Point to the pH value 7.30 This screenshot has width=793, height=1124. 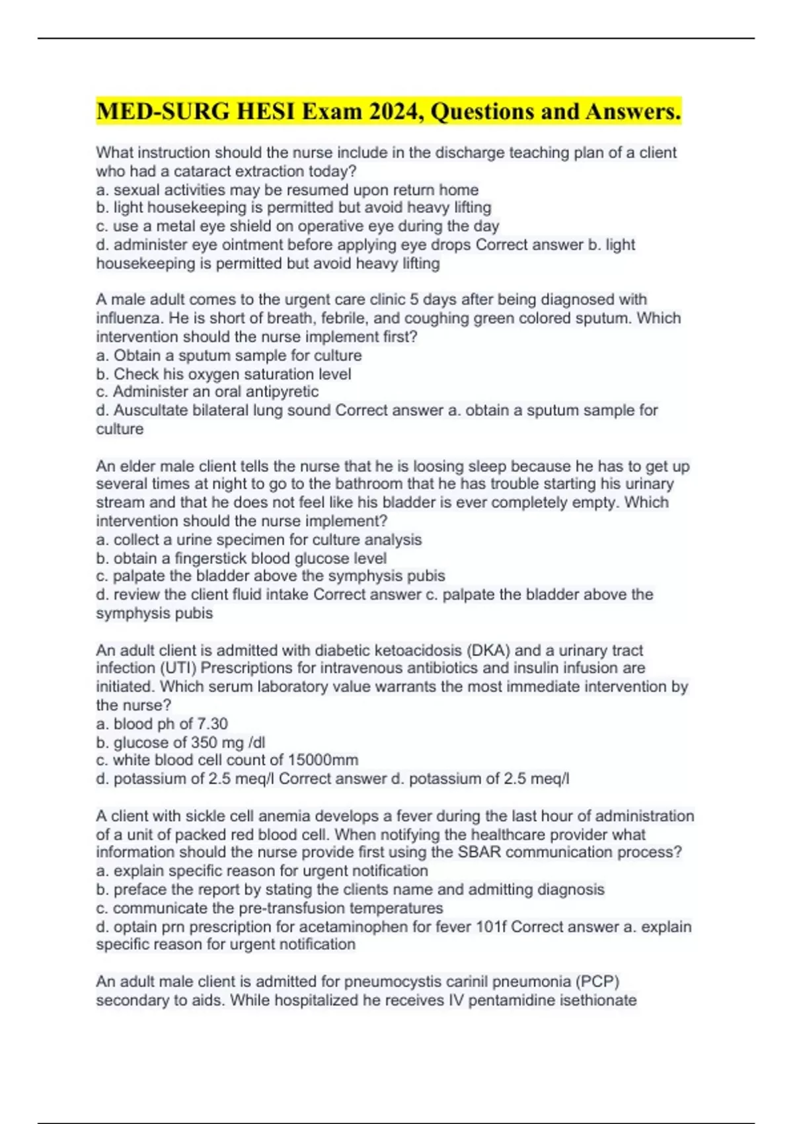212,723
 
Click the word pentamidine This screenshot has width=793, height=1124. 511,1000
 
